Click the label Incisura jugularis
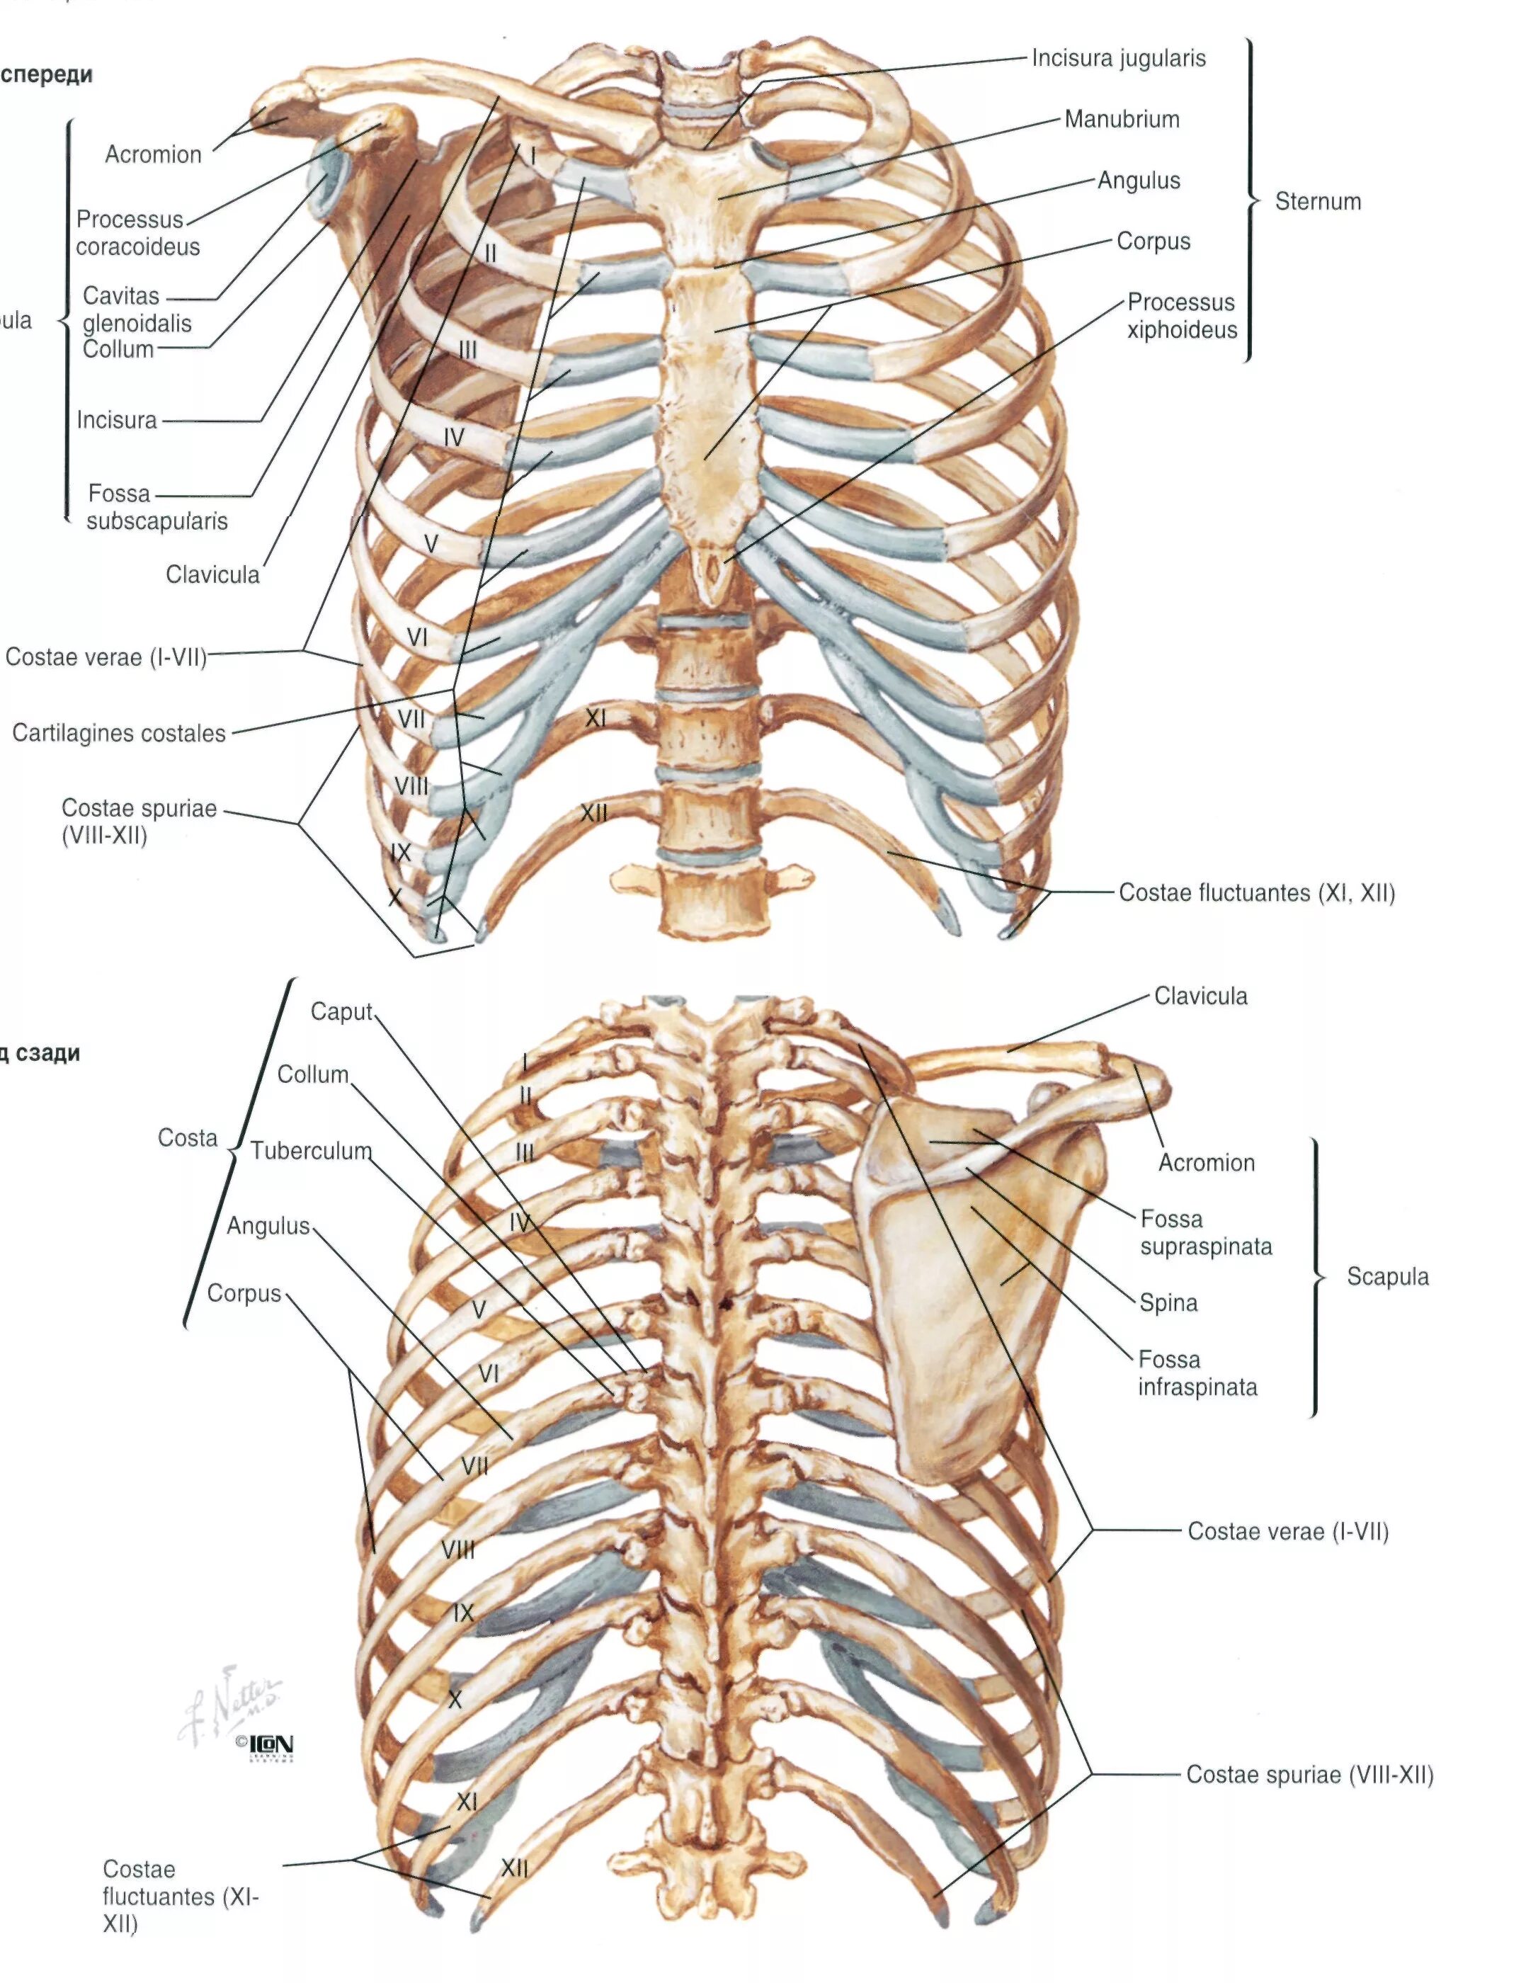point(1118,59)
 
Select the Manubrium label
point(1122,120)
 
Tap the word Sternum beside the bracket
point(1317,201)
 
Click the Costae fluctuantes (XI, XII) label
point(1257,893)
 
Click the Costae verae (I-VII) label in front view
point(106,657)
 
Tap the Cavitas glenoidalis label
point(136,309)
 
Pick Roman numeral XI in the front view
point(595,719)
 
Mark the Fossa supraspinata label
point(1205,1232)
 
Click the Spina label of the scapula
point(1168,1303)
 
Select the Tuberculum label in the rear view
point(311,1151)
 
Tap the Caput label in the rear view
point(341,1011)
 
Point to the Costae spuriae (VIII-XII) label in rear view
point(1309,1775)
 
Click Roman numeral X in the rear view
point(455,1700)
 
